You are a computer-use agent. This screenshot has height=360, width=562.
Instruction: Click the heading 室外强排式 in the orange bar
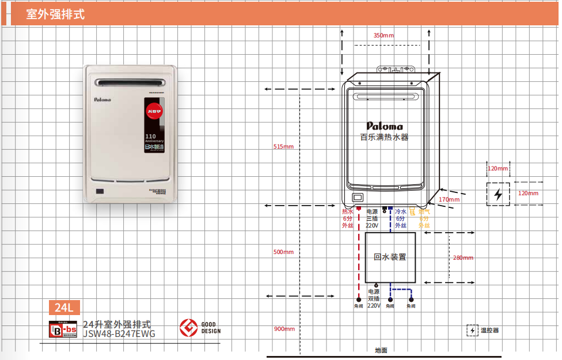(55, 14)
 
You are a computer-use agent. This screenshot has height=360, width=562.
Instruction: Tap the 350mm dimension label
(383, 36)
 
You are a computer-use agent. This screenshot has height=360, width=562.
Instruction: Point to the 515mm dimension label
(283, 147)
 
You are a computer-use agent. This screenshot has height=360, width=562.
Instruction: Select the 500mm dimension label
(283, 252)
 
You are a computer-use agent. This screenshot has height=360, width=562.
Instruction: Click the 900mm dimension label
(284, 329)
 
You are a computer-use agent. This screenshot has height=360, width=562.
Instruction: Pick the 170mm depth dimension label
(449, 199)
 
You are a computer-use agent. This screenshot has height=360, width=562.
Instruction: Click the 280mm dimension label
(463, 257)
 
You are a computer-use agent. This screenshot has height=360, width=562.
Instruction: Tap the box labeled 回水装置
(390, 257)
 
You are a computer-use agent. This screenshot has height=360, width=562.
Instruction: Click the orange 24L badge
(64, 308)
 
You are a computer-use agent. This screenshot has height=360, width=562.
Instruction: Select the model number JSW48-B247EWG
(119, 333)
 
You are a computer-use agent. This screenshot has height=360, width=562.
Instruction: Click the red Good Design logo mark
(187, 328)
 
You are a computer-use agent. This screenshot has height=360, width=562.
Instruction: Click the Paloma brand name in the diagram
(385, 126)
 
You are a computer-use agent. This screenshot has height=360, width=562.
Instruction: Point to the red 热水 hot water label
(347, 212)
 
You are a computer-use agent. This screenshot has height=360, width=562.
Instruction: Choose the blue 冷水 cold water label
(401, 212)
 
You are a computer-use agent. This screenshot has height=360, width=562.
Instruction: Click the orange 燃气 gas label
(424, 212)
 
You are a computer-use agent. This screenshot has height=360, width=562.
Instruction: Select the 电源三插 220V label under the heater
(372, 218)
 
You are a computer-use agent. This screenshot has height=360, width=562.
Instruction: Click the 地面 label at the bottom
(381, 350)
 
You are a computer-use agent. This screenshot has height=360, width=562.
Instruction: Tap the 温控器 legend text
(489, 331)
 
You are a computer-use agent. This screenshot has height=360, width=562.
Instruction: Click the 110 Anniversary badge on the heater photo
(154, 138)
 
